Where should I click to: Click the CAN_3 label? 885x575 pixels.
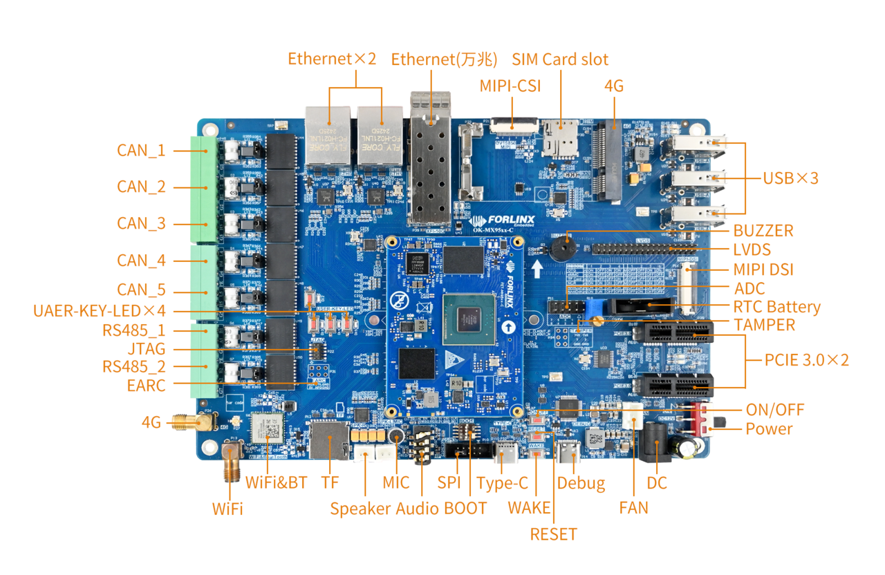[x=141, y=223]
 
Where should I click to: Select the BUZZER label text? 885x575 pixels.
[x=763, y=230]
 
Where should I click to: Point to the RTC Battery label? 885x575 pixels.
[x=776, y=307]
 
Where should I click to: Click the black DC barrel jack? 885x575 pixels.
[x=653, y=442]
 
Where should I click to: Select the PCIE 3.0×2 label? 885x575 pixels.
[x=806, y=359]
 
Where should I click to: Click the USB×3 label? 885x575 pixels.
[x=790, y=178]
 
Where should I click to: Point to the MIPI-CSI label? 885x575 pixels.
[x=510, y=86]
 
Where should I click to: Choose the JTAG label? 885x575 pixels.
[x=146, y=348]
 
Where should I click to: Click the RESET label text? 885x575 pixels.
[x=553, y=534]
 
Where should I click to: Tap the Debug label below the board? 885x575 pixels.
[x=581, y=483]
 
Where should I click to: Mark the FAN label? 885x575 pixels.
[x=633, y=508]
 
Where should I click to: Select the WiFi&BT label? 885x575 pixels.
[x=276, y=482]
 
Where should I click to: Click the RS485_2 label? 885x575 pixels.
[x=133, y=366]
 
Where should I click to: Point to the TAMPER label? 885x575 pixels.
[x=764, y=324]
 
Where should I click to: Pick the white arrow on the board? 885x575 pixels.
[x=537, y=266]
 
